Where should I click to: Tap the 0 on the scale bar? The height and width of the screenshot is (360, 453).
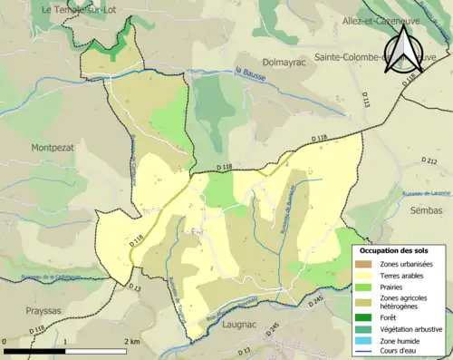click(x=5, y=342)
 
